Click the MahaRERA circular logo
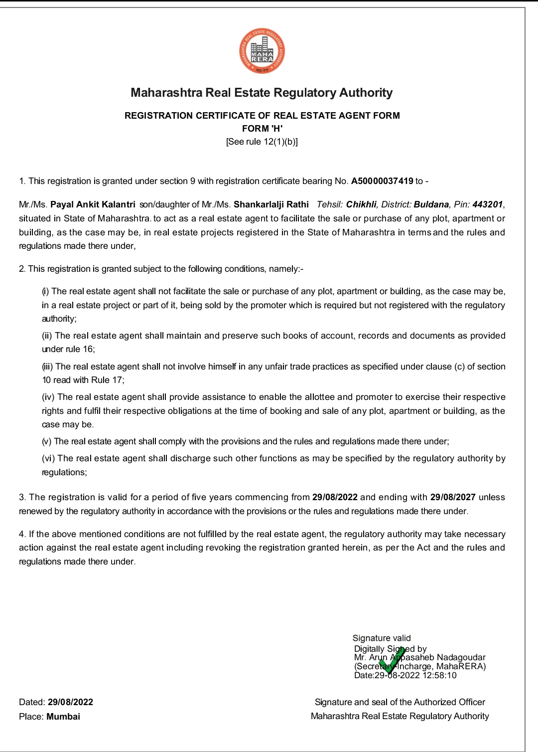pos(262,51)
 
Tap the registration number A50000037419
pos(382,181)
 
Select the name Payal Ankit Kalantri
pos(93,204)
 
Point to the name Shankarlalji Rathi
pos(271,204)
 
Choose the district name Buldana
pos(431,204)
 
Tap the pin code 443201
pos(488,204)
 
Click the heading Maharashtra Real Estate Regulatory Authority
pos(262,93)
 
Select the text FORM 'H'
pos(262,129)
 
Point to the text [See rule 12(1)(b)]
pos(262,142)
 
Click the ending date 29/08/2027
pos(453,497)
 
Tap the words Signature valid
pos(382,638)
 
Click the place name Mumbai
pos(63,717)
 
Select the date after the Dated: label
pos(70,702)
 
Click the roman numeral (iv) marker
pos(48,397)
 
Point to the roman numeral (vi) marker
pos(48,458)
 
